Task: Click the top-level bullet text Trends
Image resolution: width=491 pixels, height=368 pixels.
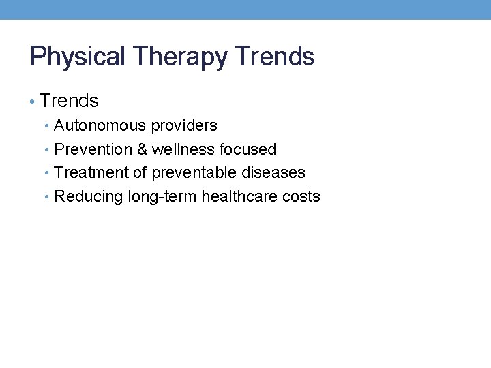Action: coord(69,102)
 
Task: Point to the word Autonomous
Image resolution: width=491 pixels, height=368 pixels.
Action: coord(100,125)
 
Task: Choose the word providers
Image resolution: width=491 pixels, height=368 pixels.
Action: coord(184,125)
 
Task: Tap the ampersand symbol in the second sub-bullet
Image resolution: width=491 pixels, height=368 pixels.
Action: coord(143,149)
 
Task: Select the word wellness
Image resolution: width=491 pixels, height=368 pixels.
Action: coord(183,149)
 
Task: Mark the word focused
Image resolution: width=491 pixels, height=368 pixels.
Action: coord(248,149)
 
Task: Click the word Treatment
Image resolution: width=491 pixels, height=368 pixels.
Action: coord(91,173)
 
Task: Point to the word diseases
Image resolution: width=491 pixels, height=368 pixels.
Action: coord(273,173)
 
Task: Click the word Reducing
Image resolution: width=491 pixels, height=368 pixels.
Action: coord(89,197)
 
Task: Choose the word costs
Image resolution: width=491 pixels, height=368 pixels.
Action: coord(303,197)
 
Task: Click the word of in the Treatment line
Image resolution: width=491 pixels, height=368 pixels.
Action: coord(140,173)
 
